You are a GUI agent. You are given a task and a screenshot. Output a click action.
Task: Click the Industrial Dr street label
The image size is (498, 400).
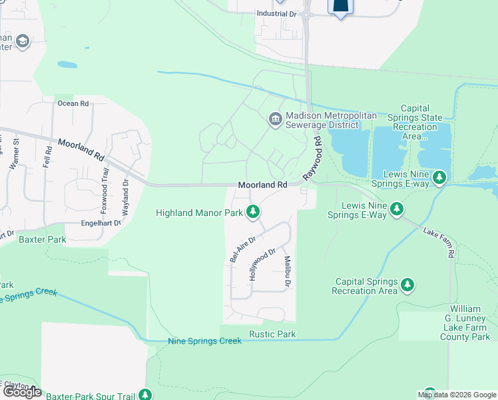(x=276, y=13)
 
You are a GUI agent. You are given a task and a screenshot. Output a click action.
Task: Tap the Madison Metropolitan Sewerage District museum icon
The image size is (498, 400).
(x=274, y=119)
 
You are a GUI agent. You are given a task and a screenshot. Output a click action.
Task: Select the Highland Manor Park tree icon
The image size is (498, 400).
(x=252, y=213)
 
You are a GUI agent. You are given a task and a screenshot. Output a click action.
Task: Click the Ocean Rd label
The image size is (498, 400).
(x=73, y=103)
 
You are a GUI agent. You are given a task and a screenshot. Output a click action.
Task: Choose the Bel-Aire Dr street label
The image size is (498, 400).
(x=242, y=248)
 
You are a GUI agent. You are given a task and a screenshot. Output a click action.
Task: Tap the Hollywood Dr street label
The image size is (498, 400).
(x=262, y=264)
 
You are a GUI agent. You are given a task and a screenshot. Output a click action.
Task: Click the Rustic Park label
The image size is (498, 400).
(x=272, y=333)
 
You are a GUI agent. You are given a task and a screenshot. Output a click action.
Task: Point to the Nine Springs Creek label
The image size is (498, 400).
(x=204, y=341)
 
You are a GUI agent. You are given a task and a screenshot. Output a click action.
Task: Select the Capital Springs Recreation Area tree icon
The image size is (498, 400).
(x=407, y=286)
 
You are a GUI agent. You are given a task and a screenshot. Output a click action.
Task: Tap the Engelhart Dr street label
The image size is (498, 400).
(x=101, y=223)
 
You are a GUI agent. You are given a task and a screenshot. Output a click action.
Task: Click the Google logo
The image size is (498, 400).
(x=21, y=392)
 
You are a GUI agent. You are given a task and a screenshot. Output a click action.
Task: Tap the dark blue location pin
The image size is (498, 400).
(x=340, y=6)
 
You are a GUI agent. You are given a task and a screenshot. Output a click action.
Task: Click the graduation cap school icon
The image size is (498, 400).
(x=22, y=43)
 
